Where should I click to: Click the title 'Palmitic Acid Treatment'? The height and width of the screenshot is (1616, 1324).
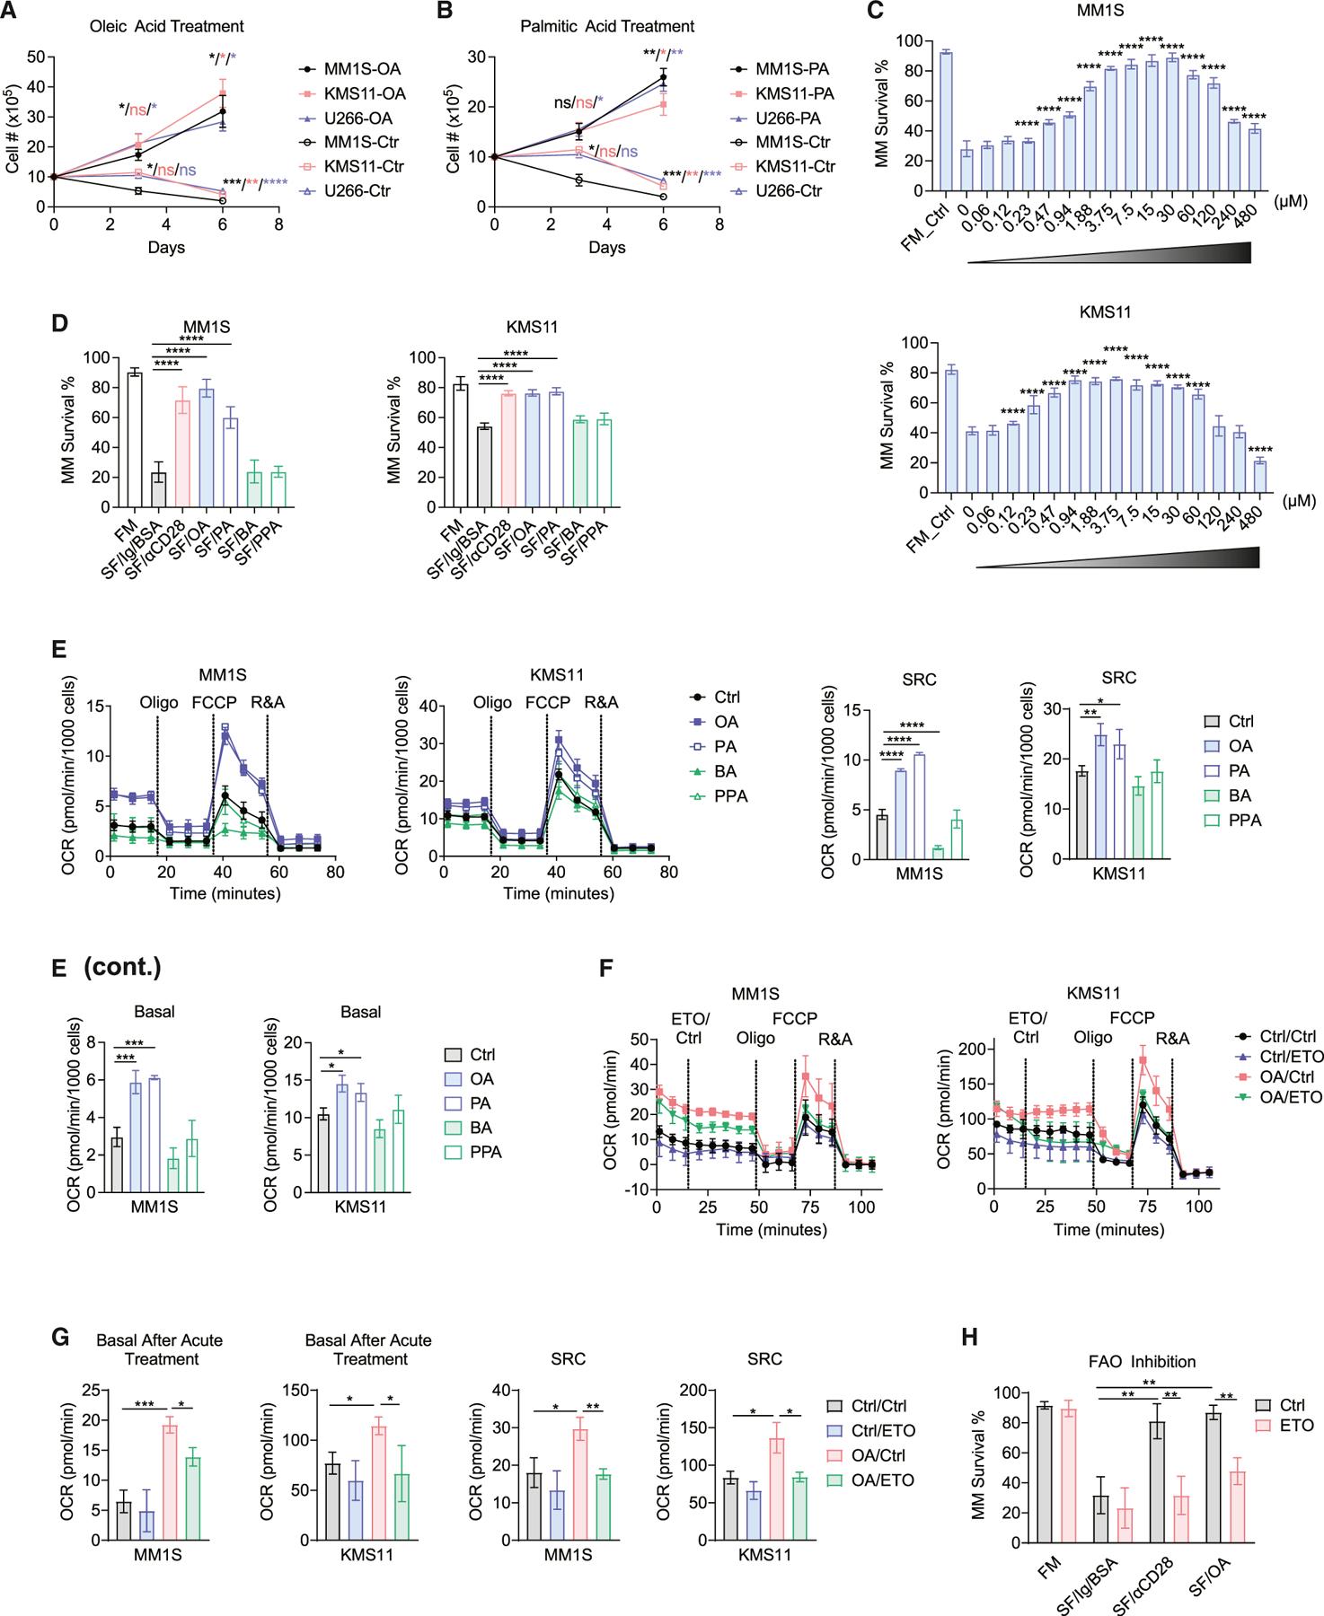(607, 26)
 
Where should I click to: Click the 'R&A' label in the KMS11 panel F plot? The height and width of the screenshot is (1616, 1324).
(1173, 1040)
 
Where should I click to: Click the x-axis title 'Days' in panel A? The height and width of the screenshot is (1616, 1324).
(166, 246)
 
